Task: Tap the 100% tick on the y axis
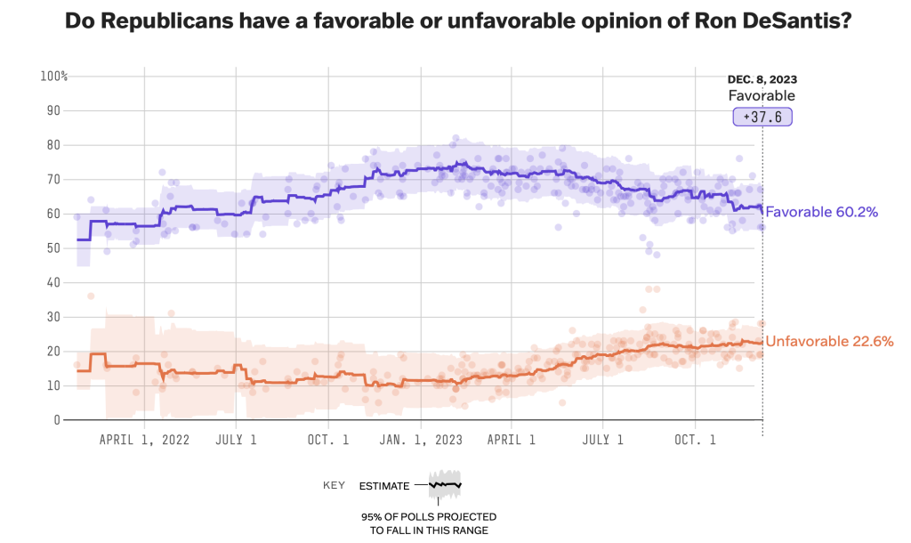tap(54, 77)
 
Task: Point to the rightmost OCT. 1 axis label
tap(696, 440)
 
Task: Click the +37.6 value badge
tap(762, 117)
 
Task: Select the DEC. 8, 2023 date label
tap(762, 80)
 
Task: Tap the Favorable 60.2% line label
tap(822, 213)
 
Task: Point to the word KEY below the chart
tap(335, 486)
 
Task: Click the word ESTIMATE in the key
tap(384, 486)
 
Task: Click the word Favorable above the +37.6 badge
tap(762, 96)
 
